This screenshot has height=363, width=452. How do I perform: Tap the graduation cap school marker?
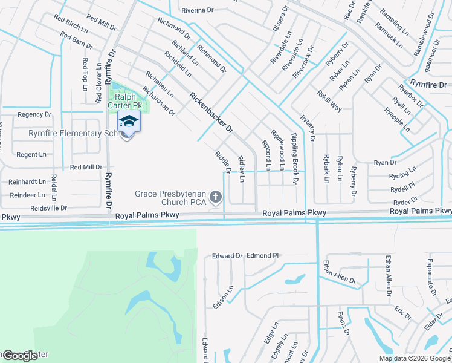pyautogui.click(x=129, y=122)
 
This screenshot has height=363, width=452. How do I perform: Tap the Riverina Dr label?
pyautogui.click(x=198, y=10)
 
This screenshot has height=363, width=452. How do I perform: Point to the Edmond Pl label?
pyautogui.click(x=262, y=256)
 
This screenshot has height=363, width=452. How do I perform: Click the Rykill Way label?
pyautogui.click(x=329, y=101)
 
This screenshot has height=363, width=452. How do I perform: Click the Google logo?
pyautogui.click(x=20, y=356)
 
